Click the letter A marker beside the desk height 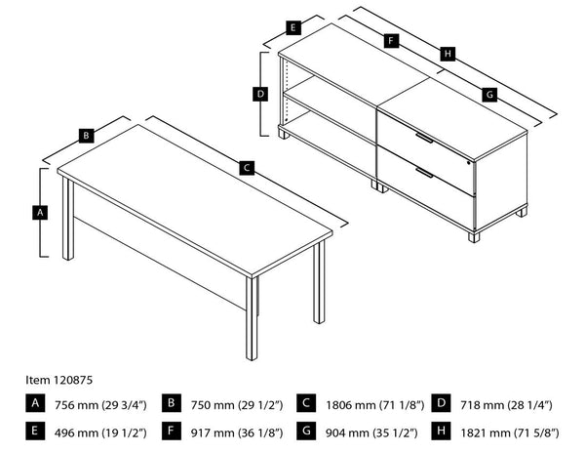pos(40,212)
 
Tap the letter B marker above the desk pos(86,136)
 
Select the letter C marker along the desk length pos(248,168)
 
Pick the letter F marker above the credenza pos(389,42)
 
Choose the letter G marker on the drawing pos(489,94)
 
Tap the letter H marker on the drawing pos(447,54)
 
